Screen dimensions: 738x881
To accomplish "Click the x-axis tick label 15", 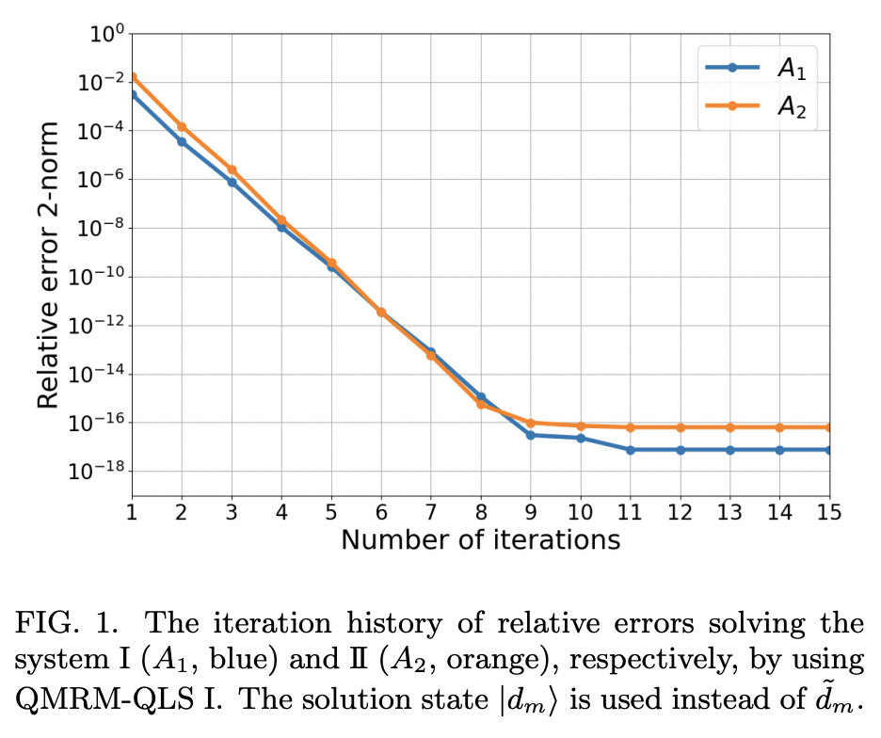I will click(x=829, y=512).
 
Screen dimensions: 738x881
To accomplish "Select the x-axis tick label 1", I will click(x=133, y=512).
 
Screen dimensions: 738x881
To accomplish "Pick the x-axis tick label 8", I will click(x=481, y=512).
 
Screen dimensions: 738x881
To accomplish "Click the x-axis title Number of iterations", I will click(x=480, y=540).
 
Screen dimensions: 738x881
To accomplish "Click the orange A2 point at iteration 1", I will click(x=133, y=77).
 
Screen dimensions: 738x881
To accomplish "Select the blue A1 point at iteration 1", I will click(x=133, y=95).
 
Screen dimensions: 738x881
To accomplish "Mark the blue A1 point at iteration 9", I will click(x=531, y=435).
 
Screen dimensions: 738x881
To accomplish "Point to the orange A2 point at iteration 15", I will click(x=829, y=427).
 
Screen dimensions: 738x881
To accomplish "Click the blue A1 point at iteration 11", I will click(x=630, y=450).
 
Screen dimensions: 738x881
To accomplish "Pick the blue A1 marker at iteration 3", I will click(x=232, y=182).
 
